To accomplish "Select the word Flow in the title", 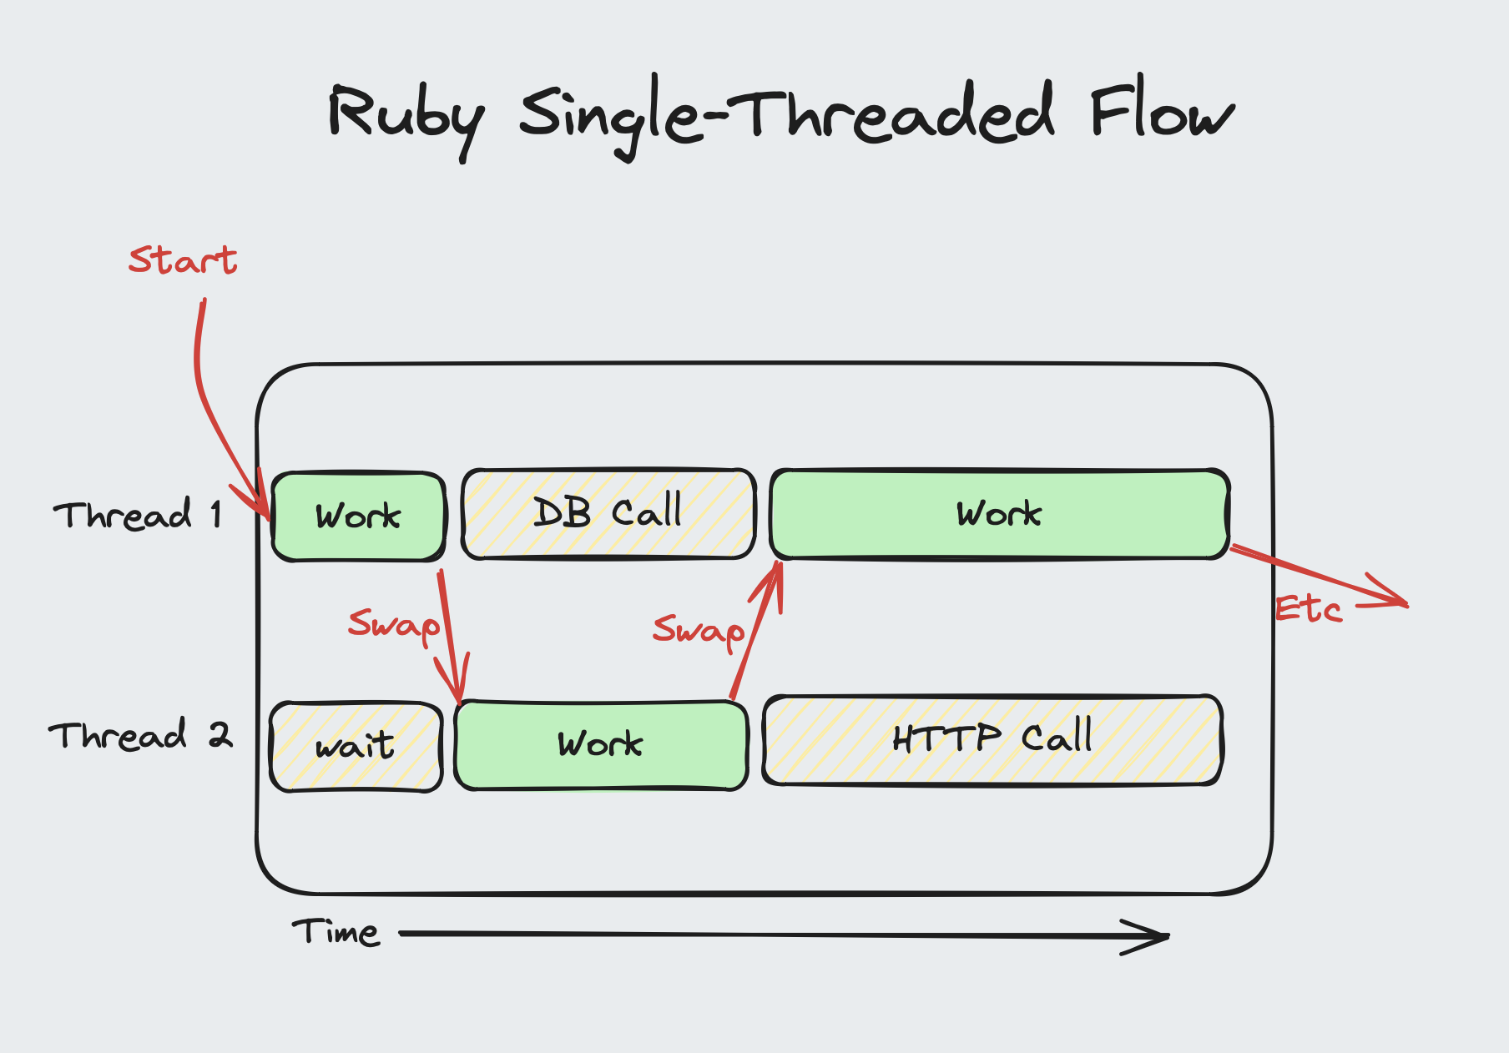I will tap(1161, 112).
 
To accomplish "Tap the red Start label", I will tap(183, 260).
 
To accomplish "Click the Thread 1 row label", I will tap(139, 515).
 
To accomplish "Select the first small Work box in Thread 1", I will tap(359, 516).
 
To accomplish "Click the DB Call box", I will tap(608, 513).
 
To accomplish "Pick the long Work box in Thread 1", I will tap(999, 514).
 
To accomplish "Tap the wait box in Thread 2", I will tap(356, 746).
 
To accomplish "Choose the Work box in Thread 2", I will tap(601, 744).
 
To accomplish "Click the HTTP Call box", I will tap(992, 739).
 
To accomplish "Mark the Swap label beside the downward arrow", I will tap(393, 625).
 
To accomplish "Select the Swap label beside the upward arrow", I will tap(698, 631).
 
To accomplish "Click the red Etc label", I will tap(1308, 610).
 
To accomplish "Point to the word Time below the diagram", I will tap(336, 932).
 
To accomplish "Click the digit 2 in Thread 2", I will tap(220, 734).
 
